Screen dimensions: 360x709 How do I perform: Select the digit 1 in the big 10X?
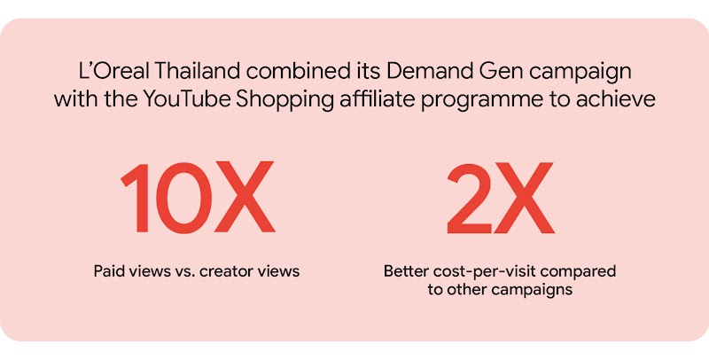tap(135, 200)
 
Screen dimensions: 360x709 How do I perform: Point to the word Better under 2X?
tap(406, 270)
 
